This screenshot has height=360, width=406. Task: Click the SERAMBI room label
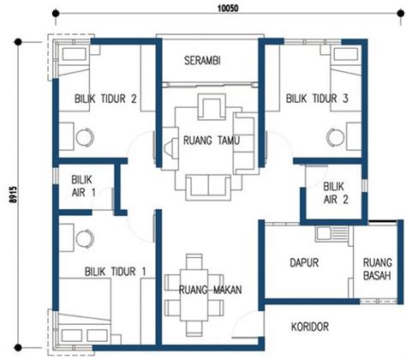[202, 61]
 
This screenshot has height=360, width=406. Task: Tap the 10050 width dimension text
[228, 9]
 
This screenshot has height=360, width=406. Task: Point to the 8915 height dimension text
[13, 195]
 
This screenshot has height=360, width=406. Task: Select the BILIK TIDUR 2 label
[105, 99]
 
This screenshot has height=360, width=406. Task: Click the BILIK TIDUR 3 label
[317, 99]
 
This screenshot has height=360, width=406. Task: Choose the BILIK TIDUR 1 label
[116, 272]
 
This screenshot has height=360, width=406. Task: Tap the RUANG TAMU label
[212, 141]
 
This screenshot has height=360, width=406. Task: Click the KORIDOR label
[310, 327]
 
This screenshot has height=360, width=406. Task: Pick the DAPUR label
[304, 262]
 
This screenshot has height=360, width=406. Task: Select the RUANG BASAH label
[377, 269]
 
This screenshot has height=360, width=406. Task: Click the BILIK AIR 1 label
[83, 186]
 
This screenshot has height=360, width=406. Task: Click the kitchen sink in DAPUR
[332, 233]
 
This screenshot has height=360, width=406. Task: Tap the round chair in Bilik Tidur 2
[85, 137]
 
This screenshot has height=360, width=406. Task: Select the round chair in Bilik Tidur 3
[336, 137]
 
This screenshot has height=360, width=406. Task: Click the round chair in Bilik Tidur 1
[85, 238]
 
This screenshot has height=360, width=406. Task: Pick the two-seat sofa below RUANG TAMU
[208, 187]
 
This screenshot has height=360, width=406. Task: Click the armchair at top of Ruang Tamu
[212, 106]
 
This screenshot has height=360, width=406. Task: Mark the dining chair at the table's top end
[194, 261]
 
